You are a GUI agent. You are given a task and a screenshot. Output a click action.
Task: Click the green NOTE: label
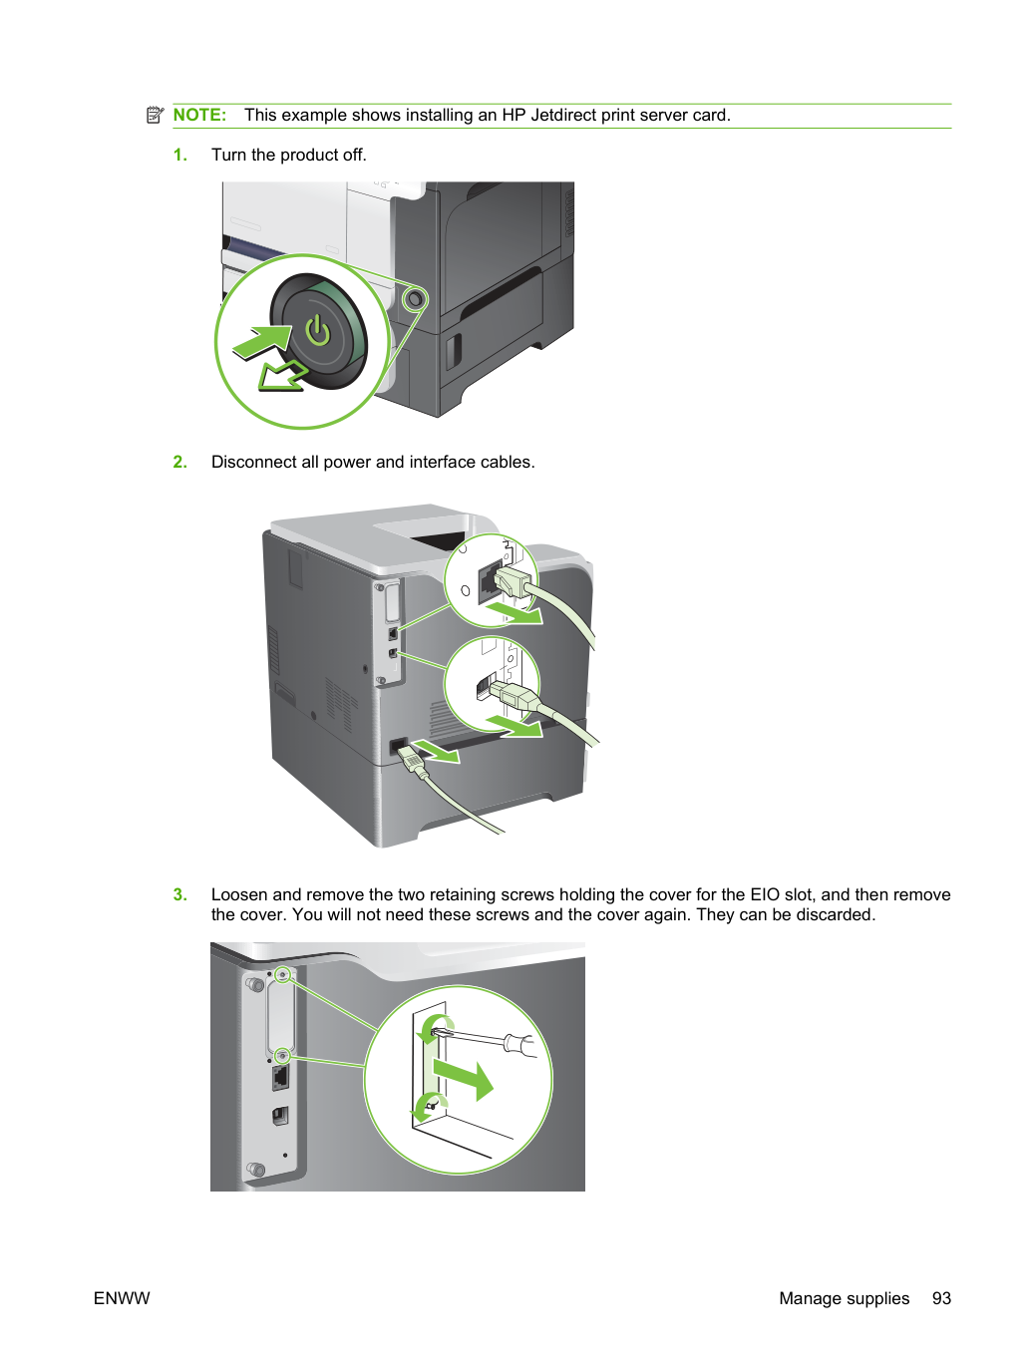199,115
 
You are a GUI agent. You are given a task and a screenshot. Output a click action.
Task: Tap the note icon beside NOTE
155,115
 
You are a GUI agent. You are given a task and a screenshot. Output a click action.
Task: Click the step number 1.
179,155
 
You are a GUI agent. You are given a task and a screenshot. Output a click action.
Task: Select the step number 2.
179,462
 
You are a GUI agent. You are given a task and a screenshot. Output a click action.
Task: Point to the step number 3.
179,894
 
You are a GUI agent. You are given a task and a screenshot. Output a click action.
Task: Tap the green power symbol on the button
317,330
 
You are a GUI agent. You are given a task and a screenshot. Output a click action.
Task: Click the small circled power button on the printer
414,300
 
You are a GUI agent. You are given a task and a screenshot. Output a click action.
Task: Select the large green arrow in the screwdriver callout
463,1079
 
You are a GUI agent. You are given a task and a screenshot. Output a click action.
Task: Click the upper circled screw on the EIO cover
283,975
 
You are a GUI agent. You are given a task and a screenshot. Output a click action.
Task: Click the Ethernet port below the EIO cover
280,1078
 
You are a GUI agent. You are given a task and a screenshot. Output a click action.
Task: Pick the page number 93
941,1298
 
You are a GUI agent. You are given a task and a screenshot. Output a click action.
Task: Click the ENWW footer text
122,1298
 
